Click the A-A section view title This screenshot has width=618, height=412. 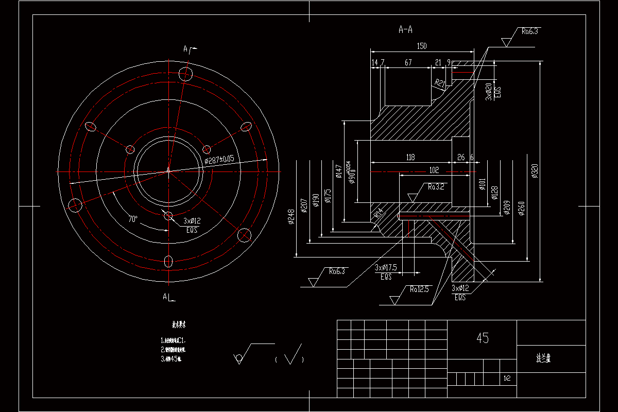coord(406,30)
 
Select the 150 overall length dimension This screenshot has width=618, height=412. coord(421,46)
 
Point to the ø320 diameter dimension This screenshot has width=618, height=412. coord(535,170)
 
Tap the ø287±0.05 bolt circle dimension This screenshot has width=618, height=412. coord(219,160)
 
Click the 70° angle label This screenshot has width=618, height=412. coord(133,219)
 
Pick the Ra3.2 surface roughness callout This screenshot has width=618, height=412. coord(435,187)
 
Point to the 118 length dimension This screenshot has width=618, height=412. coord(410,157)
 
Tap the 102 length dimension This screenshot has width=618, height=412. coord(434,170)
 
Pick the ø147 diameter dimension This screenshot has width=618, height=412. coord(338,171)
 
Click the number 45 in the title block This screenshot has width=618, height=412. coord(483,338)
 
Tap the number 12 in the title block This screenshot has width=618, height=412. coord(507,379)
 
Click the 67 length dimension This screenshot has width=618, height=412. coord(408,62)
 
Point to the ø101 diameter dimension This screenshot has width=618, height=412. coord(482,184)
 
